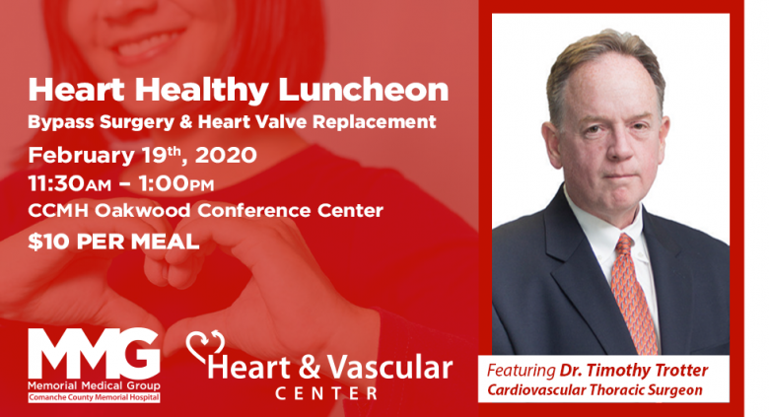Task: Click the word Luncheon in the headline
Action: coord(364,90)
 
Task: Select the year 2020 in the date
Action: coord(226,155)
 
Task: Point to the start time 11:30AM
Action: coord(70,184)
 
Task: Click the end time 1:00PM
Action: coord(176,184)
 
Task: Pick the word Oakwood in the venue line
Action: coord(143,210)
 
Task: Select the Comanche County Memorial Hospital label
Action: coord(94,397)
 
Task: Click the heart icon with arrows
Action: coord(205,346)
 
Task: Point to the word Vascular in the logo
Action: coord(389,368)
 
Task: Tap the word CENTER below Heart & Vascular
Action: coord(326,393)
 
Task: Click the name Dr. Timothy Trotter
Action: coord(634,371)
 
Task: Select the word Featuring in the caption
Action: coord(521,371)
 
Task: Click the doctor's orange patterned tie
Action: coord(633,295)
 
